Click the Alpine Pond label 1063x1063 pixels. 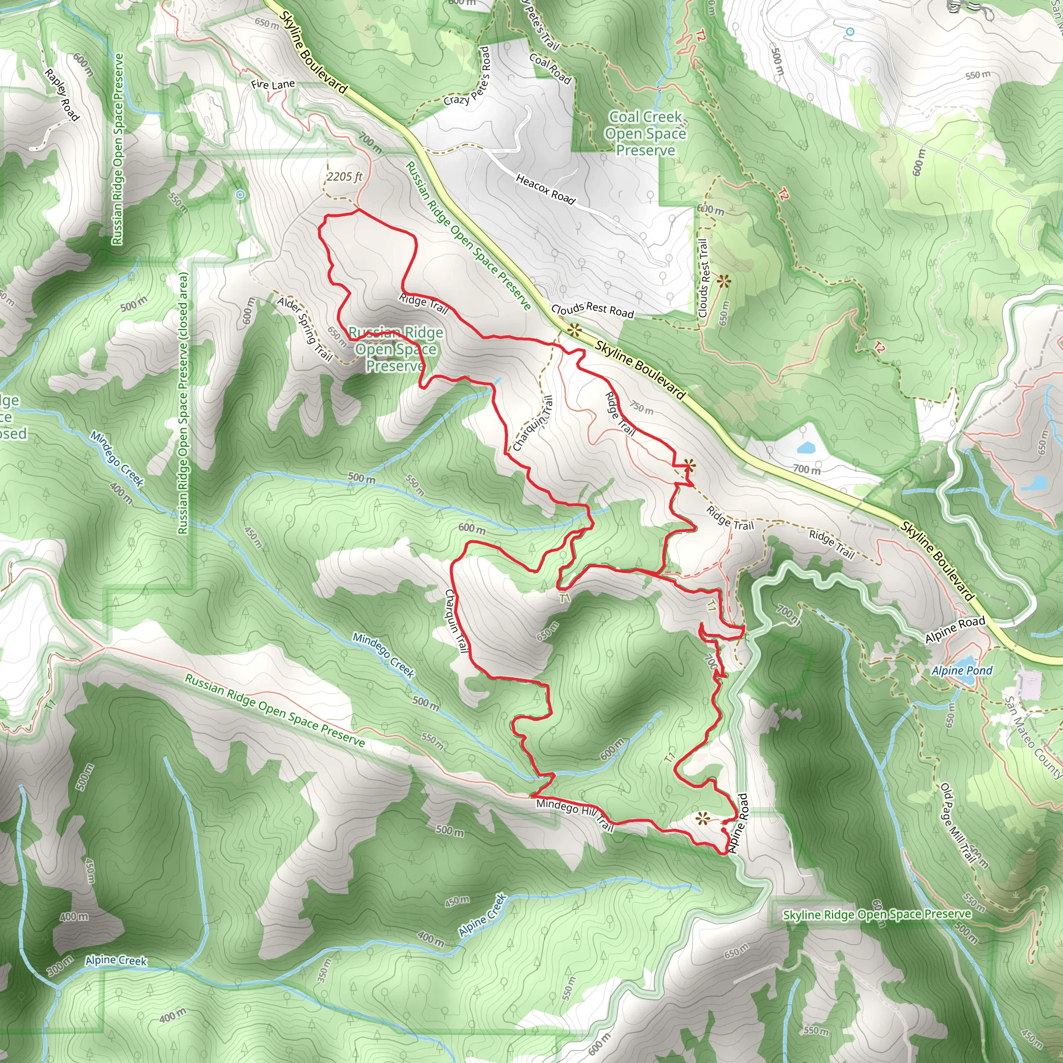click(x=962, y=671)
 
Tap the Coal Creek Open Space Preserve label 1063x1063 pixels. click(x=645, y=134)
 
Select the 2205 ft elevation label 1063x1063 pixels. click(x=345, y=176)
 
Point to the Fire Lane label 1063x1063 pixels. click(x=273, y=85)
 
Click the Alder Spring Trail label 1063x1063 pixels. click(x=305, y=329)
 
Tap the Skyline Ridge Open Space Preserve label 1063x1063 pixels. click(x=877, y=915)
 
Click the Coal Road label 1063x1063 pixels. click(x=550, y=68)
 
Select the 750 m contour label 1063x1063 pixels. click(x=642, y=407)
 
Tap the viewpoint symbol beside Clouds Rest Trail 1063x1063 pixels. click(x=724, y=282)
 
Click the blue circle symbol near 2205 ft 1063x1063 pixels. click(x=240, y=195)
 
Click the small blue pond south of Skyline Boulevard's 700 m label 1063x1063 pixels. click(x=806, y=447)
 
